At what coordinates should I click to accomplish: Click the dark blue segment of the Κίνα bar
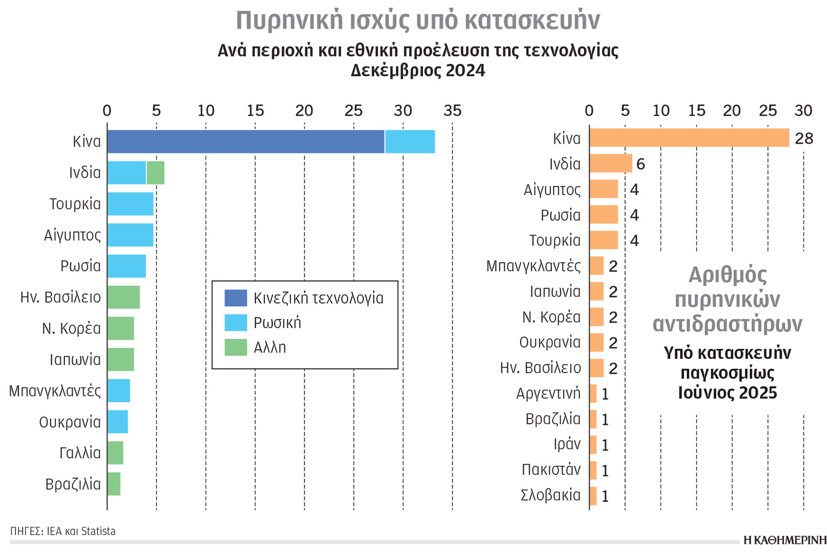point(245,142)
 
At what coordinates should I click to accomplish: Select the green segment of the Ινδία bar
point(155,173)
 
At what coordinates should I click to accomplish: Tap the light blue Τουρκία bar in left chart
point(130,204)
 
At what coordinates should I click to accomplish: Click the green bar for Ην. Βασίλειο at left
point(123,297)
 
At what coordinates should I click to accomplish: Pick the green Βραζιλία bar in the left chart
point(114,484)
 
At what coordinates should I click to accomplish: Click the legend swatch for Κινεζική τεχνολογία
point(235,298)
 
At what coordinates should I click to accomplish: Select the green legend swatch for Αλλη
point(235,348)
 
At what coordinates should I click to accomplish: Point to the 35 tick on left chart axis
point(452,111)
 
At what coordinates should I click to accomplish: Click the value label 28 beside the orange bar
point(803,139)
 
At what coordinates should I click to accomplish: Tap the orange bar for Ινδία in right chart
point(611,164)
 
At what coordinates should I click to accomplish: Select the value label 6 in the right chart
point(640,164)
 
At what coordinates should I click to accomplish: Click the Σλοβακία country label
point(550,495)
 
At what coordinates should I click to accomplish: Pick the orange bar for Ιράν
point(593,445)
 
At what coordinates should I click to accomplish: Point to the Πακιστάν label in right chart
point(551,470)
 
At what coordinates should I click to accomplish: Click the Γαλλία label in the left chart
point(80,453)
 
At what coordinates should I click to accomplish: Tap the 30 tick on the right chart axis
point(803,111)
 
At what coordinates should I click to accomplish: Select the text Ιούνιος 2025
point(727,393)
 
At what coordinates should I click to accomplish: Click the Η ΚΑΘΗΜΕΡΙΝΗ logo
point(784,540)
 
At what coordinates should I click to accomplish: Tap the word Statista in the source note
point(98,532)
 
